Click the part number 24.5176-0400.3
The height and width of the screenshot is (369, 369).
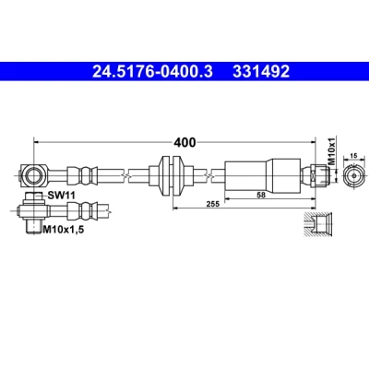(152, 72)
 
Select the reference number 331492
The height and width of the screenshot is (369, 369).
(261, 72)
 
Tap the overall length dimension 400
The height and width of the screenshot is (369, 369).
(184, 142)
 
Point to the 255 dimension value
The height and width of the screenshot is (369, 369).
(213, 204)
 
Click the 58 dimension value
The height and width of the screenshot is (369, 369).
(261, 195)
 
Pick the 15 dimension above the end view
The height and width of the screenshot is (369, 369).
(354, 156)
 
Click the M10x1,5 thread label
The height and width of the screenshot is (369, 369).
(63, 229)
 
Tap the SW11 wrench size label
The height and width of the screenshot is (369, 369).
(61, 195)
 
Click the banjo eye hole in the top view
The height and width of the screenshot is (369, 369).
(32, 175)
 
